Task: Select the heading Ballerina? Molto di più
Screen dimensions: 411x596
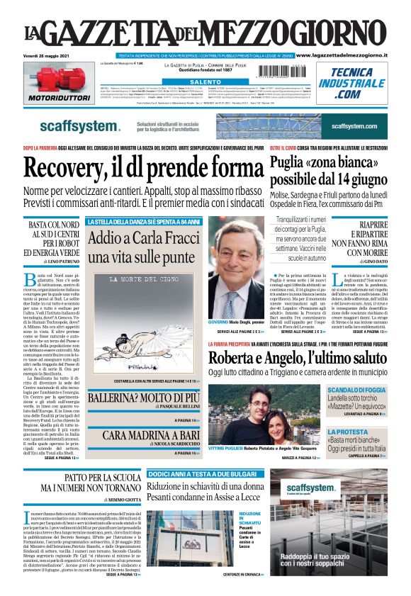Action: tap(141, 400)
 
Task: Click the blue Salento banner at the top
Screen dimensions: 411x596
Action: tap(205, 82)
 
